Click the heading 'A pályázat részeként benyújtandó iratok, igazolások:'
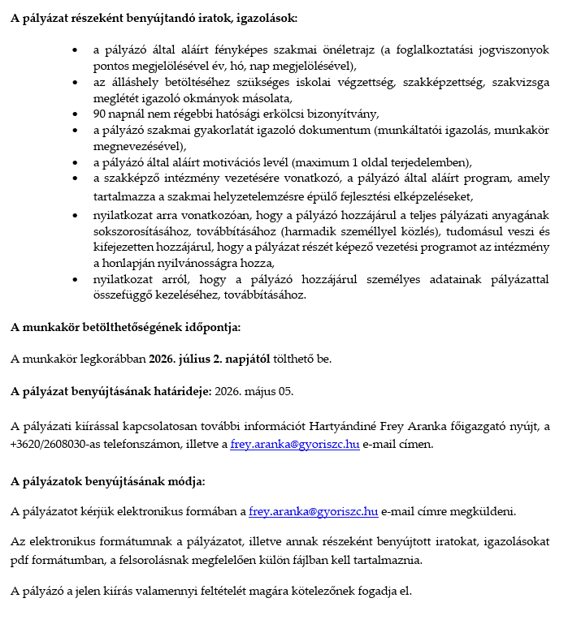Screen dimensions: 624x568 pos(154,17)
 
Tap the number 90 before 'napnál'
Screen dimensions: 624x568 pos(100,114)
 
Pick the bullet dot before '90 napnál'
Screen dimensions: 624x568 pos(75,114)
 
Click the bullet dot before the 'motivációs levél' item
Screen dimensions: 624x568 pos(75,161)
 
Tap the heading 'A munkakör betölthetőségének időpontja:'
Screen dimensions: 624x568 pos(126,328)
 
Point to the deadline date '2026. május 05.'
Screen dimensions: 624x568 pos(254,391)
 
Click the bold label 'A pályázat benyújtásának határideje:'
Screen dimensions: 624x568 pos(111,391)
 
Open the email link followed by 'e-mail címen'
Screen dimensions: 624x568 pos(295,444)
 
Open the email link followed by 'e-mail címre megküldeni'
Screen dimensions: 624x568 pos(313,511)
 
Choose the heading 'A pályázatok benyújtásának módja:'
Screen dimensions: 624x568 pos(108,481)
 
